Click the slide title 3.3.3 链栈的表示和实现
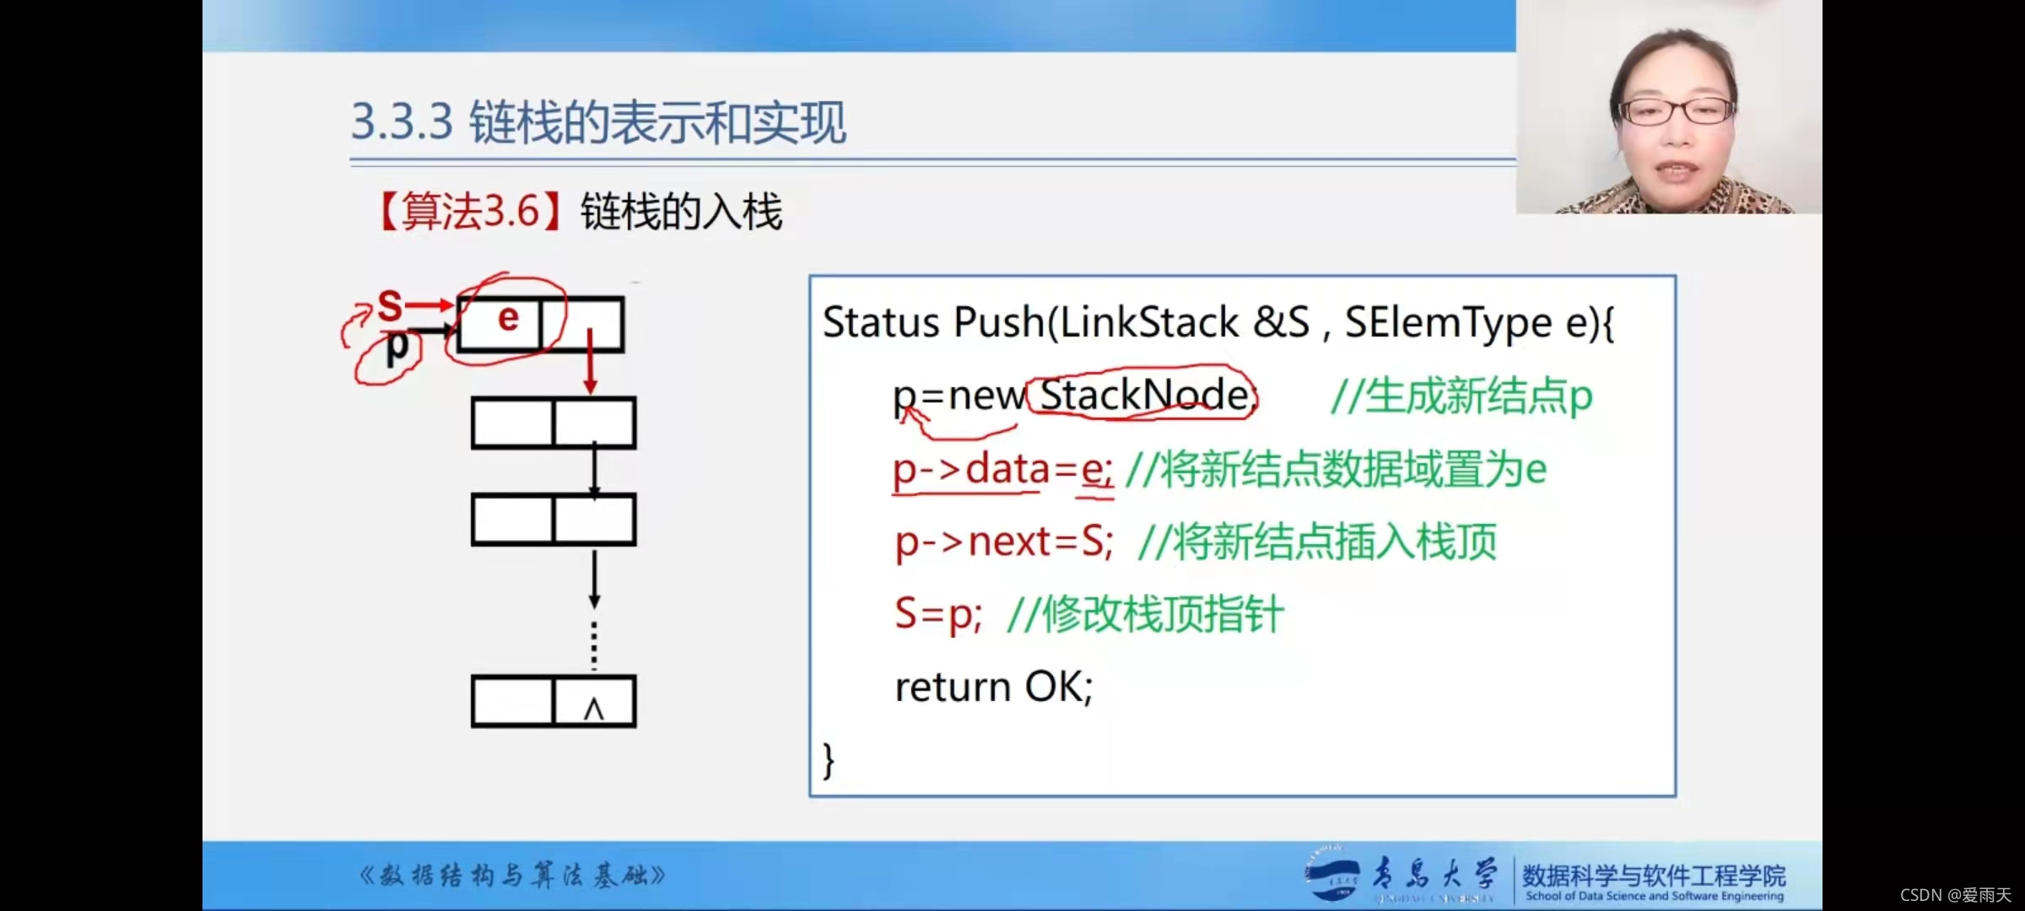click(x=597, y=123)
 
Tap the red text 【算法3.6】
click(x=469, y=211)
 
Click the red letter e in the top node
click(x=508, y=319)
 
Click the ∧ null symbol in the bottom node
click(x=594, y=709)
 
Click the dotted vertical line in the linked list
click(x=594, y=646)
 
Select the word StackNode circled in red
click(x=1143, y=394)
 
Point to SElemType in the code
click(x=1448, y=322)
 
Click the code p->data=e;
click(x=1002, y=469)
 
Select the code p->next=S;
click(x=1004, y=542)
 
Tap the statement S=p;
click(x=938, y=614)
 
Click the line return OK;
click(x=993, y=687)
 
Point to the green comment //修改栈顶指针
click(x=1145, y=614)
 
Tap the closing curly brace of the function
click(x=829, y=760)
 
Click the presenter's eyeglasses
click(x=1675, y=111)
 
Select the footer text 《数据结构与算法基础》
click(x=512, y=876)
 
